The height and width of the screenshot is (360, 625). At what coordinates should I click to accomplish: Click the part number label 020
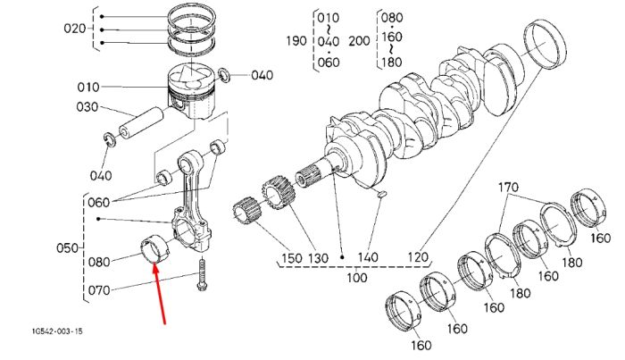[74, 29]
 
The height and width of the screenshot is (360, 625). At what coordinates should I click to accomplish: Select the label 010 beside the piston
[88, 87]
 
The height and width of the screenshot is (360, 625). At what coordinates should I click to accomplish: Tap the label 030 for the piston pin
[87, 107]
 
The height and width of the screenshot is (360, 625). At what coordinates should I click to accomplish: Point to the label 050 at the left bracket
[67, 248]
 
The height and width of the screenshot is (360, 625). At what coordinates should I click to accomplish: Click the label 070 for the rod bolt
[99, 289]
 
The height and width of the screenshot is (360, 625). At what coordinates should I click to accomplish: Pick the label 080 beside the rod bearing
[99, 262]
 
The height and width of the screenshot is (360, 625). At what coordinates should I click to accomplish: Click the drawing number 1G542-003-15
[58, 331]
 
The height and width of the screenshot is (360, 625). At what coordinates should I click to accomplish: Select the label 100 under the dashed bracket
[357, 277]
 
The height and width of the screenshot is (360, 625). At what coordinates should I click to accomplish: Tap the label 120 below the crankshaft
[418, 257]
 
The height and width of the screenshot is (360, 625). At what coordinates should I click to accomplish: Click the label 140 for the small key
[368, 256]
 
